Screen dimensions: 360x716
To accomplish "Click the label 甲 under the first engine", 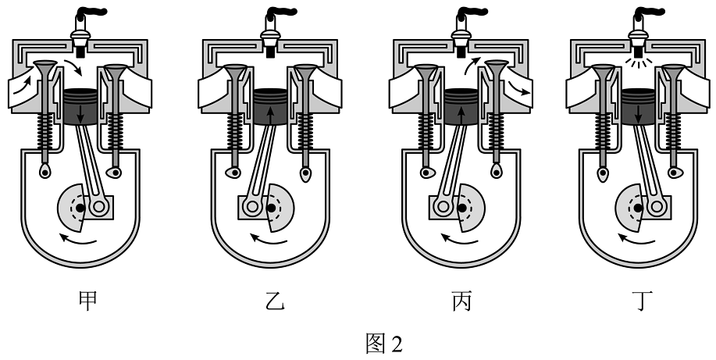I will tap(88, 300).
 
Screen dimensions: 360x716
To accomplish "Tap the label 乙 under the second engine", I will tap(270, 300).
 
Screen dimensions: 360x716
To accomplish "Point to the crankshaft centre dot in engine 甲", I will tap(80, 207).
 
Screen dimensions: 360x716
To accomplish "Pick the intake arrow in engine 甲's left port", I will tap(25, 82).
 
